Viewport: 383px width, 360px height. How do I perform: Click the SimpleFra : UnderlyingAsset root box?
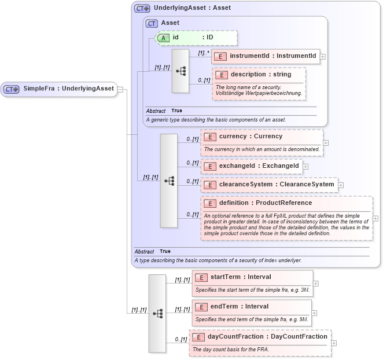point(58,89)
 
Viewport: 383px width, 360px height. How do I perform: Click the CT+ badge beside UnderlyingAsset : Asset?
point(142,9)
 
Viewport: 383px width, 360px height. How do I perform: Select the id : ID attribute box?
point(197,38)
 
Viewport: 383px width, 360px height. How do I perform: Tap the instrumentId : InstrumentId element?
point(266,56)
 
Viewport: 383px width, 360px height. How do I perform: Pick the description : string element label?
point(261,74)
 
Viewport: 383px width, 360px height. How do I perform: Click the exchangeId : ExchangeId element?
point(251,166)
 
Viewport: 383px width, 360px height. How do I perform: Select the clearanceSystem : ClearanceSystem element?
point(269,185)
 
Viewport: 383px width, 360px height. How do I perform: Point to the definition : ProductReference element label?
point(266,203)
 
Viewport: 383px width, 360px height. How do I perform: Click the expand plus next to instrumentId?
point(323,57)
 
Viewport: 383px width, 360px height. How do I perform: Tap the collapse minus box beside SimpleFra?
point(120,89)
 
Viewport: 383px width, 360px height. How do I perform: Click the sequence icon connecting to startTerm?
point(157,313)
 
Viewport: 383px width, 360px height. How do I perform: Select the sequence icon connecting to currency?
point(169,181)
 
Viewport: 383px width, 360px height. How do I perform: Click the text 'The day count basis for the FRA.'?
point(231,349)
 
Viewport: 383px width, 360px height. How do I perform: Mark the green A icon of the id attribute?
point(164,38)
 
